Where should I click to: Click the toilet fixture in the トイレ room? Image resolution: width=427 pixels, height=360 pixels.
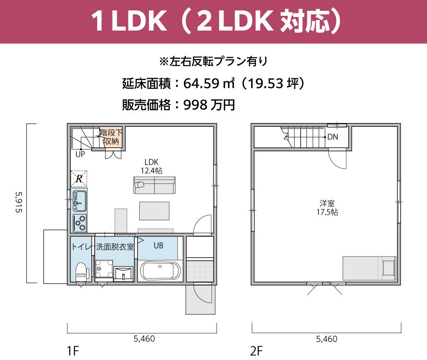82,272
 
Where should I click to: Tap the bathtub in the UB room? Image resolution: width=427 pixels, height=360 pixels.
160,271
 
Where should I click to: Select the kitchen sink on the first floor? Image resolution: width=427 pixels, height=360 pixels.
79,201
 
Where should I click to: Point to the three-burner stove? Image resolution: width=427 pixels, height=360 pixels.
80,223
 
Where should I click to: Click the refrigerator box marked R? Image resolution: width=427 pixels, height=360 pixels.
79,179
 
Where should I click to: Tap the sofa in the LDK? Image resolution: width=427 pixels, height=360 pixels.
154,185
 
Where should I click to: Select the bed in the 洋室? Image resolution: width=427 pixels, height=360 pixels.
369,268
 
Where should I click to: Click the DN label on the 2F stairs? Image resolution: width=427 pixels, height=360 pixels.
332,137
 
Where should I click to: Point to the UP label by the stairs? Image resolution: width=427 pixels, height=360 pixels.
80,154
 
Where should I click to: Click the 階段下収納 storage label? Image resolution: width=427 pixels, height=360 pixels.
111,137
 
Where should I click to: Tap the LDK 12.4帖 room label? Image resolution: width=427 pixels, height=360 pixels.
151,166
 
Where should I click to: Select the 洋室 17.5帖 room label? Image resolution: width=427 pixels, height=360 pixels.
327,208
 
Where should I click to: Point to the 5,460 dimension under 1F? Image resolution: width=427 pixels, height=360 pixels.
144,338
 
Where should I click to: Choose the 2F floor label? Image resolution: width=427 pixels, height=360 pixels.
256,351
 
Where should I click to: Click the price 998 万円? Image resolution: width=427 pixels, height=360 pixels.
209,105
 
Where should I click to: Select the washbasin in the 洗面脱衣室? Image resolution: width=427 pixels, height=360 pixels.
123,273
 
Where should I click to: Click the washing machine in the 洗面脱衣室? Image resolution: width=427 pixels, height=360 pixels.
104,269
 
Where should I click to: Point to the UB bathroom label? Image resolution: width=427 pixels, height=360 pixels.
158,246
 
